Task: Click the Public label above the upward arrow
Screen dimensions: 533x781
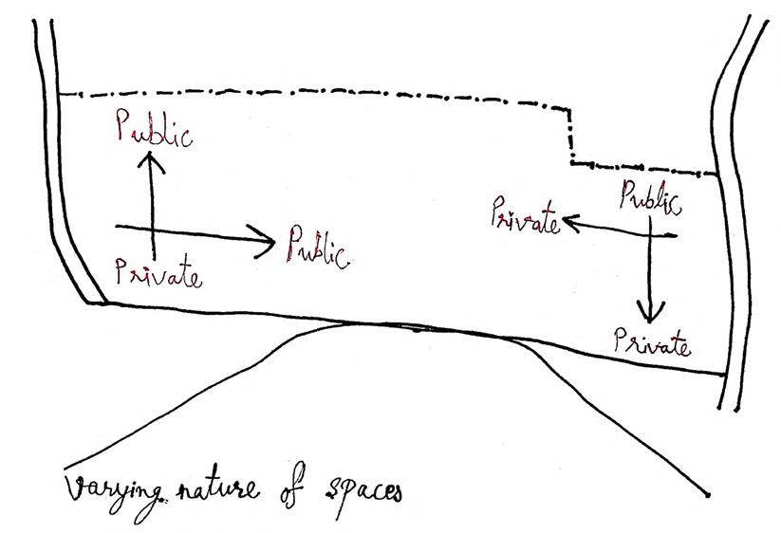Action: pyautogui.click(x=154, y=130)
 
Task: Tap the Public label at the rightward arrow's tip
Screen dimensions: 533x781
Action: pyautogui.click(x=316, y=246)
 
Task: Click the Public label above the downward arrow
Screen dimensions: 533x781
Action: pyautogui.click(x=650, y=198)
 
